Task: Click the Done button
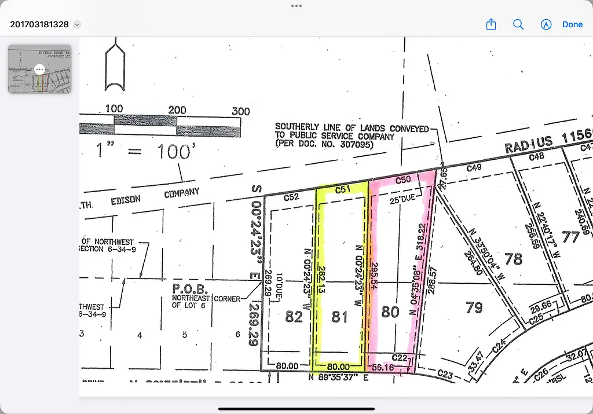(x=572, y=24)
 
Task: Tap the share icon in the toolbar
(x=491, y=24)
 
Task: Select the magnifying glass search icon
(x=518, y=24)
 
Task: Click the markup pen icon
(x=545, y=24)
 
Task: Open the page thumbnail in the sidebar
(x=39, y=69)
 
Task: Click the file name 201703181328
(x=39, y=24)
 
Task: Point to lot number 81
(x=339, y=317)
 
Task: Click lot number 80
(x=390, y=312)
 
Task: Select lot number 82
(x=294, y=317)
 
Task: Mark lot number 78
(x=514, y=258)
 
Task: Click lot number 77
(x=570, y=236)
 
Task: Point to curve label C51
(x=343, y=189)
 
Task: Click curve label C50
(x=403, y=180)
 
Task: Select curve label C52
(x=291, y=197)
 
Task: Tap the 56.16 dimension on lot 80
(x=382, y=367)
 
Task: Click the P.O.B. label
(x=186, y=288)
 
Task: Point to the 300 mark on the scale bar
(x=240, y=111)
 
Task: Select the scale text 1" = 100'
(x=144, y=152)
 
